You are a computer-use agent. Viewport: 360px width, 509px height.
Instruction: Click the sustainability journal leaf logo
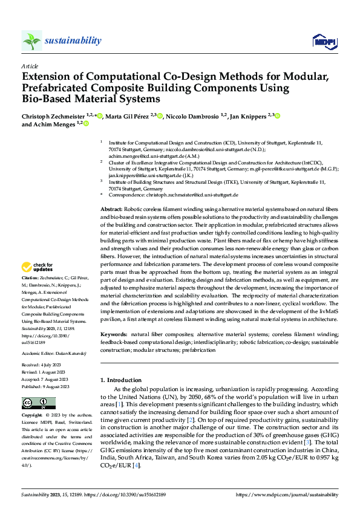point(31,41)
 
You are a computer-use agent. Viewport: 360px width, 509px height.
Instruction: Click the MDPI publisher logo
point(324,41)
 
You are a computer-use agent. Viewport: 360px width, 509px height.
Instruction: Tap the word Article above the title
point(30,66)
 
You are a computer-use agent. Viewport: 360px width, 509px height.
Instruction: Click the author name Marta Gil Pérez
point(128,115)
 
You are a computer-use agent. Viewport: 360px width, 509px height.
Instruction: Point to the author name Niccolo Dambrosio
point(195,115)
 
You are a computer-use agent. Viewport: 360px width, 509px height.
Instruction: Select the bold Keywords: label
point(114,334)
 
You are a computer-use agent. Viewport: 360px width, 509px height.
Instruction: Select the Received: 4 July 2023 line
point(43,365)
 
